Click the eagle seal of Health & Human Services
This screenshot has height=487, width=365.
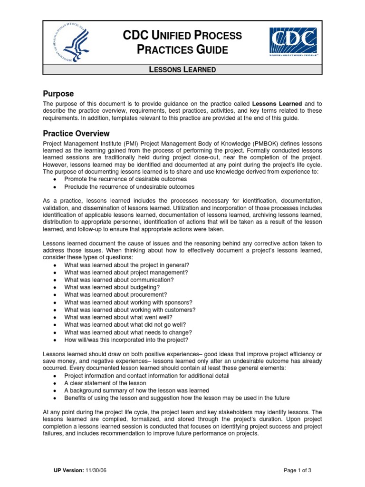point(71,42)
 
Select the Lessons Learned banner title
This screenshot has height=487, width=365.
point(182,69)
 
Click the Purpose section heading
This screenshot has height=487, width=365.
point(58,94)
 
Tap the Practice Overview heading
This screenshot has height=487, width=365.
point(76,134)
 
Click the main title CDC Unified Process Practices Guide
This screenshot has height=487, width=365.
point(182,42)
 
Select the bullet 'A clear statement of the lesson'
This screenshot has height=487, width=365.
point(105,383)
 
